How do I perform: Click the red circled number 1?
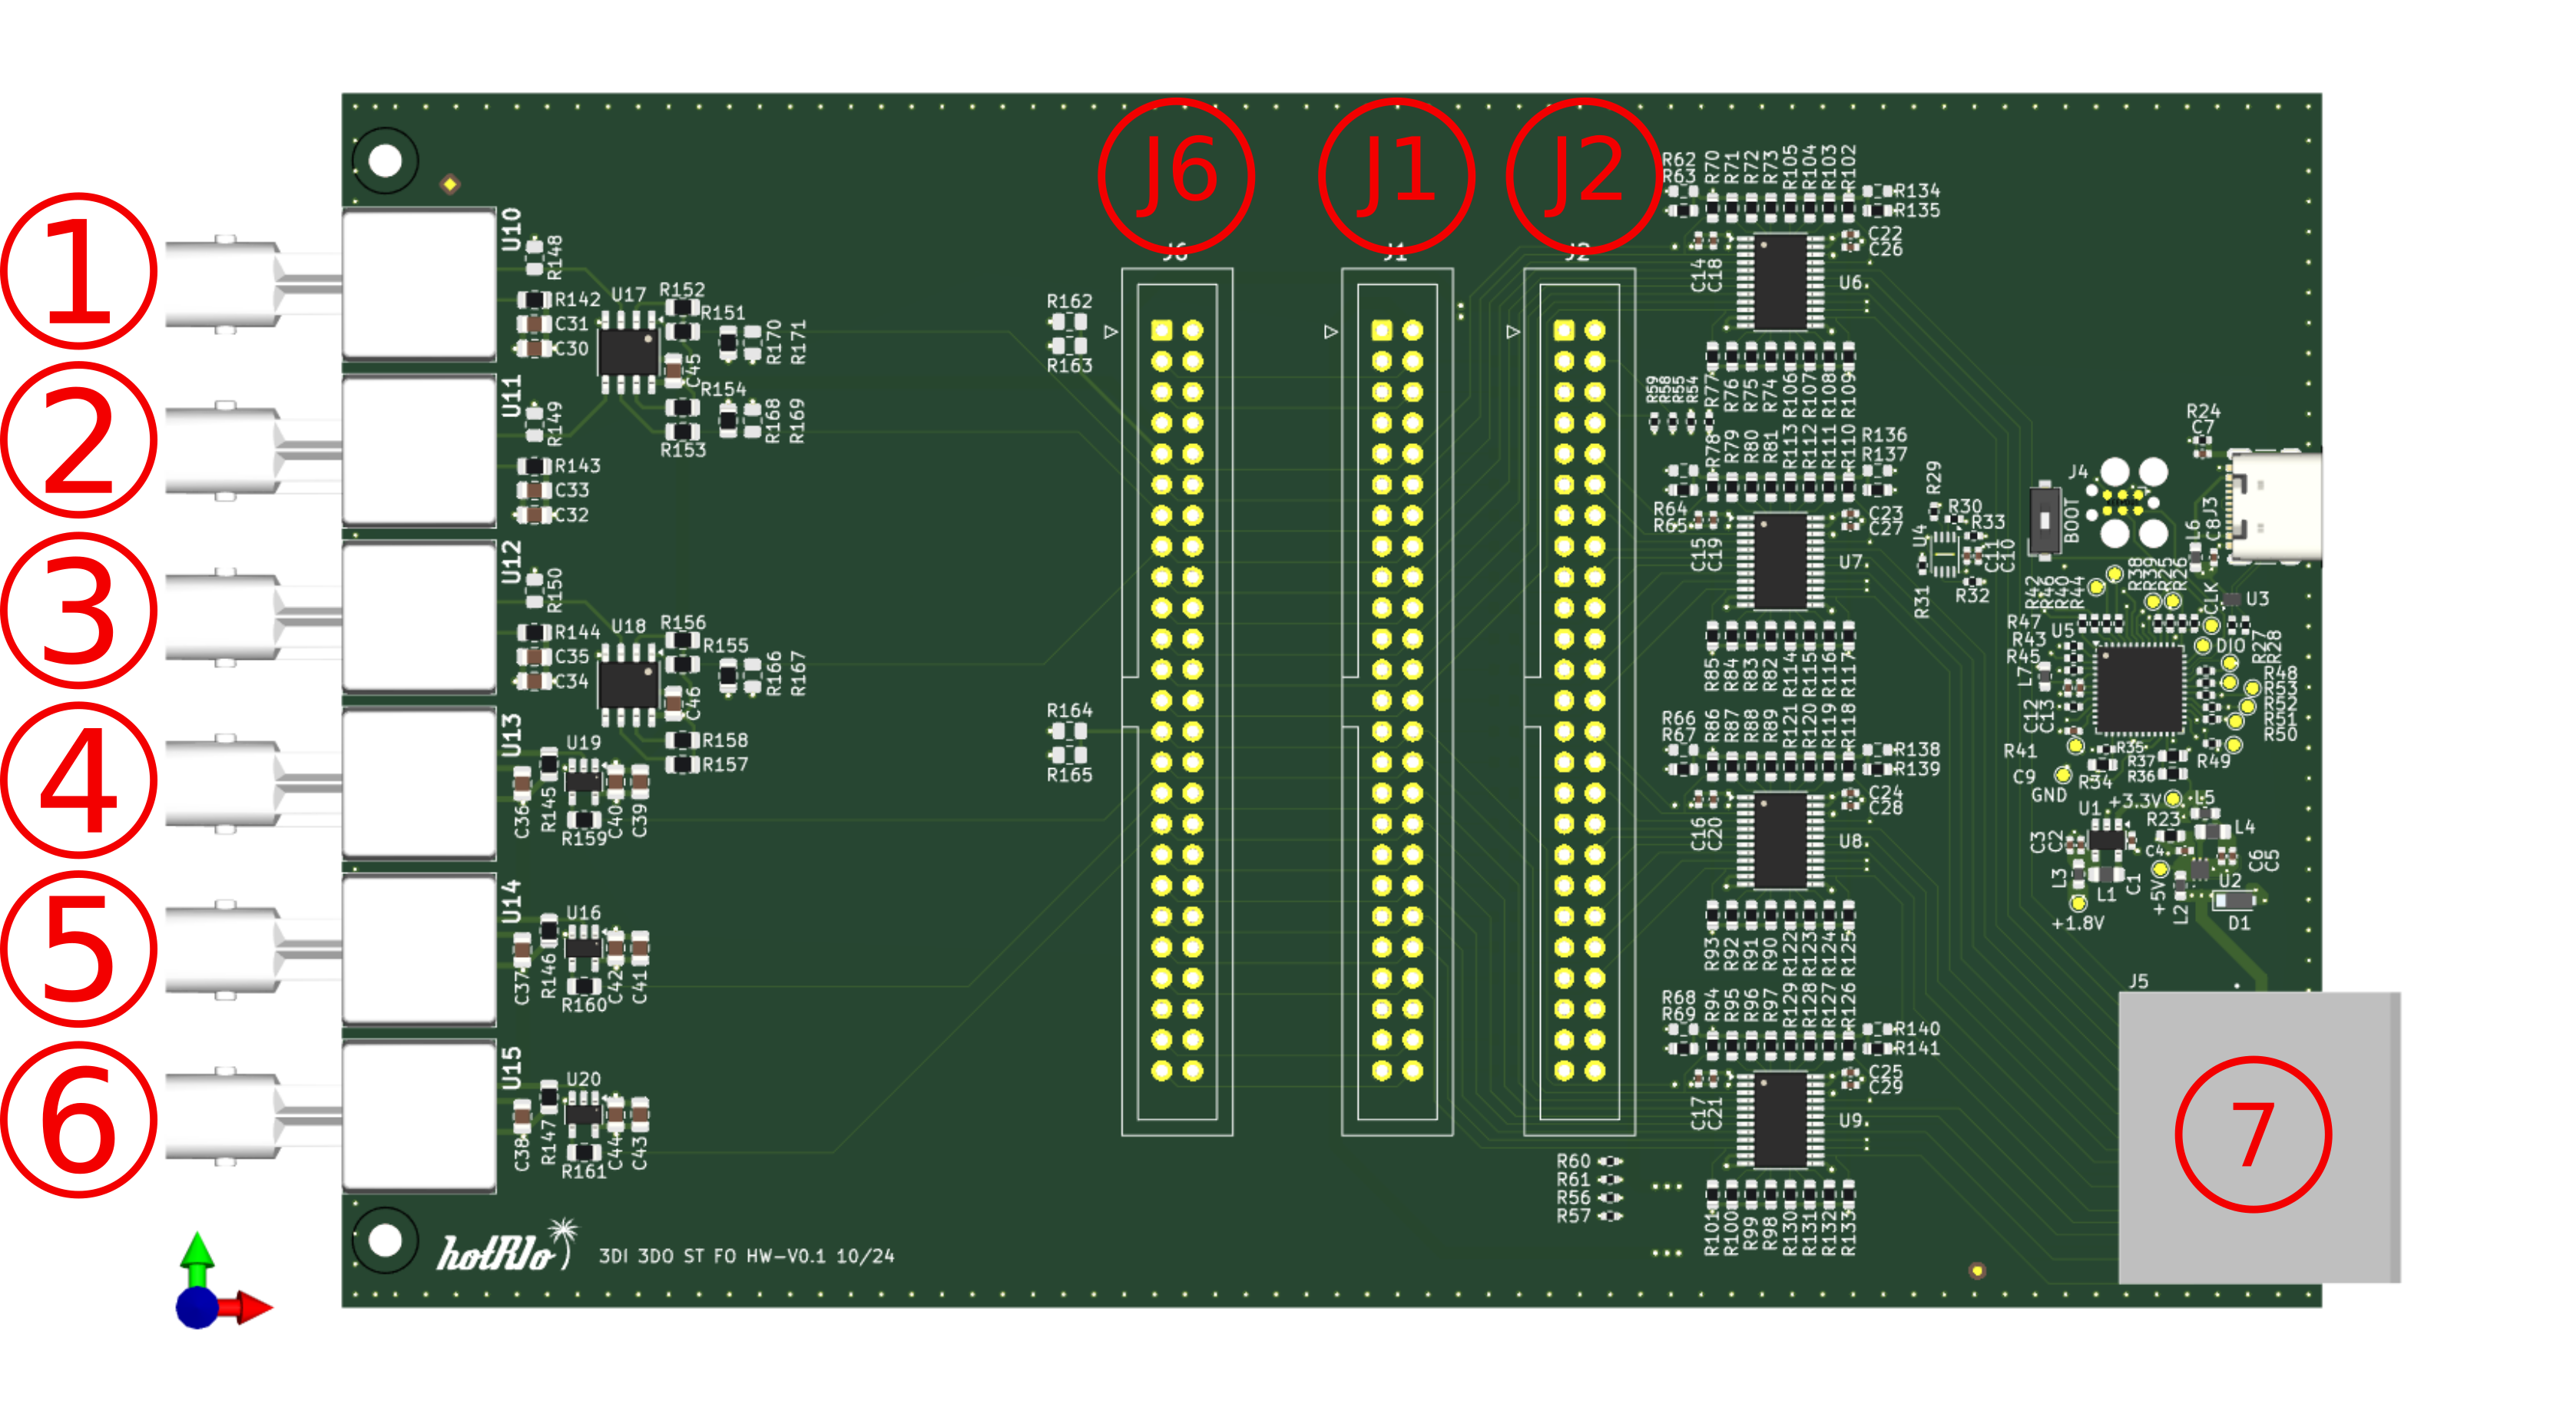pyautogui.click(x=78, y=270)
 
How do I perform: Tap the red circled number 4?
pyautogui.click(x=78, y=780)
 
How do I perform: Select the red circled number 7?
pyautogui.click(x=2252, y=1134)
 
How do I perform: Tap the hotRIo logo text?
pyautogui.click(x=497, y=1254)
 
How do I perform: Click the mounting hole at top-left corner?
pyautogui.click(x=385, y=160)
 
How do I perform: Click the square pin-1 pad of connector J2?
pyautogui.click(x=1563, y=330)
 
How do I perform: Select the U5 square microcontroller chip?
pyautogui.click(x=2138, y=688)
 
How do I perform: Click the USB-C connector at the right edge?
pyautogui.click(x=2276, y=507)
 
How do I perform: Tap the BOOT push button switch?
pyautogui.click(x=2043, y=518)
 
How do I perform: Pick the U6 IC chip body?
pyautogui.click(x=1780, y=281)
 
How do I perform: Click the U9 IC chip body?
pyautogui.click(x=1780, y=1120)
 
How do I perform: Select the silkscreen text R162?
pyautogui.click(x=1068, y=301)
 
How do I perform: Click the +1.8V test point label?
pyautogui.click(x=2077, y=923)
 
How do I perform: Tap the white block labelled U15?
pyautogui.click(x=419, y=1115)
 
